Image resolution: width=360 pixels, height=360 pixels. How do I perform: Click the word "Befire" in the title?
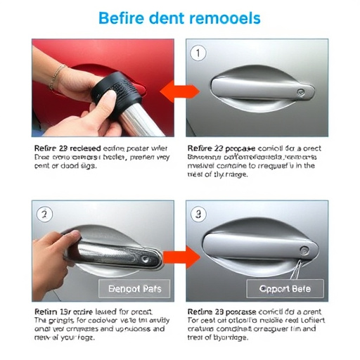[121, 18]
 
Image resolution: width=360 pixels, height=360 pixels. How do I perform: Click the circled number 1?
[199, 53]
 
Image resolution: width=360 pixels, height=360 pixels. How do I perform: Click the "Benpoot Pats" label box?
[134, 288]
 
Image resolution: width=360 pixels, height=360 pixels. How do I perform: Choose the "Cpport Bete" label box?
[285, 288]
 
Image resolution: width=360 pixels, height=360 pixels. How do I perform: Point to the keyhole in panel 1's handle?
[303, 91]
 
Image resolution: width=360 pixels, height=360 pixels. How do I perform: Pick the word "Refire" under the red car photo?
[46, 149]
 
